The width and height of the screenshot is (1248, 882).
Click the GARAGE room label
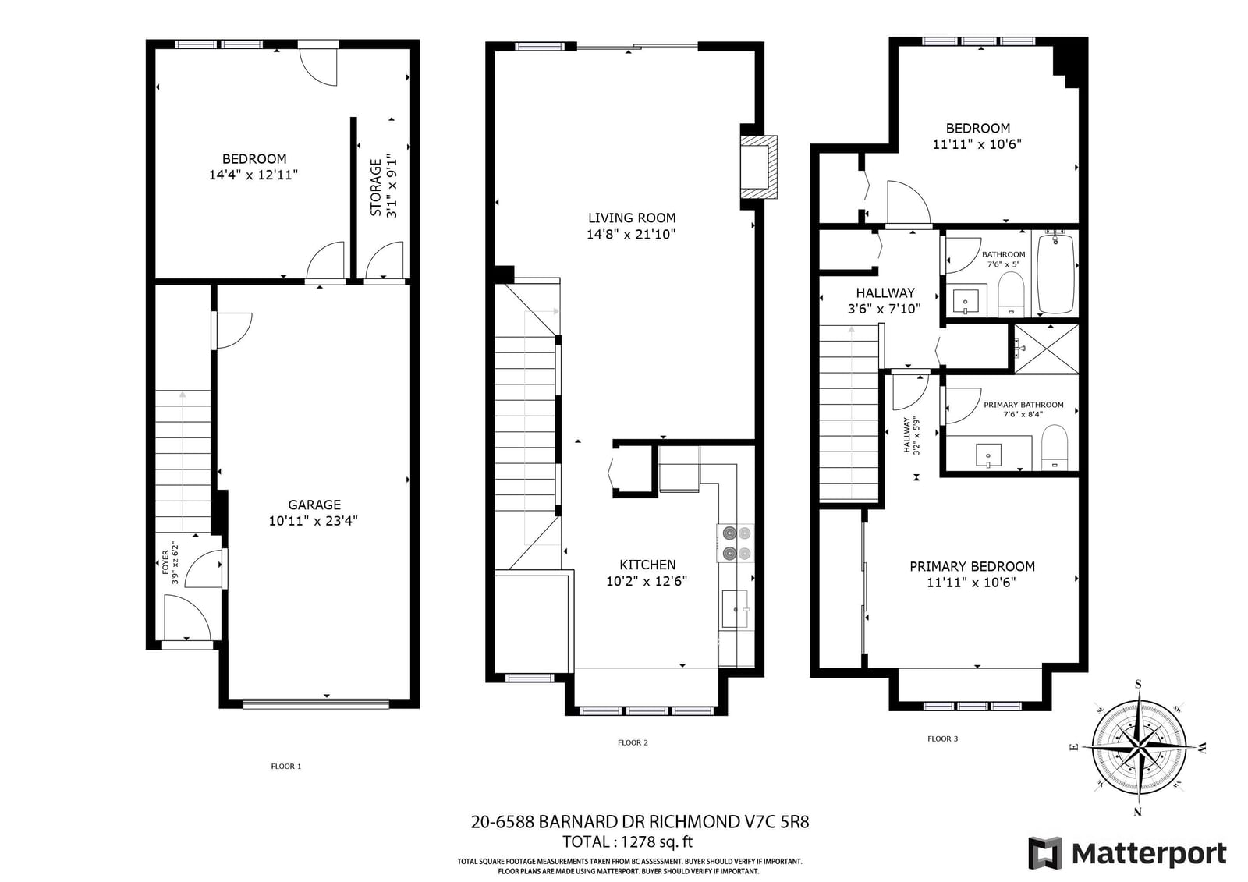pyautogui.click(x=314, y=505)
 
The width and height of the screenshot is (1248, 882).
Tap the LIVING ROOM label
pyautogui.click(x=632, y=218)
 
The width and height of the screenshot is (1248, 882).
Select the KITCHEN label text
pyautogui.click(x=647, y=565)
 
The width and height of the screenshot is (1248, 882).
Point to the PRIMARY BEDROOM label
pyautogui.click(x=972, y=566)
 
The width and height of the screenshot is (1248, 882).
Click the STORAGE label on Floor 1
pyautogui.click(x=376, y=188)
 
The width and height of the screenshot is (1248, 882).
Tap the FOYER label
pyautogui.click(x=165, y=562)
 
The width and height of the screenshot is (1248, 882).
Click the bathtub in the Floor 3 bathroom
pyautogui.click(x=1055, y=274)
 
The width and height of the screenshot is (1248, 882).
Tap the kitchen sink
pyautogui.click(x=735, y=609)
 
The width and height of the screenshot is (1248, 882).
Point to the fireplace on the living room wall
pyautogui.click(x=758, y=167)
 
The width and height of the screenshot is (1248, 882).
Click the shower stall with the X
pyautogui.click(x=1046, y=349)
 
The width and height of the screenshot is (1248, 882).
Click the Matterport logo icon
pyautogui.click(x=1044, y=852)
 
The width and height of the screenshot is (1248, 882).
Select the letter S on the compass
pyautogui.click(x=1138, y=684)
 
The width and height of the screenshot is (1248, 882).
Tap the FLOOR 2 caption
pyautogui.click(x=633, y=742)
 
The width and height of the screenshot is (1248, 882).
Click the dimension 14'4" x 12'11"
pyautogui.click(x=253, y=175)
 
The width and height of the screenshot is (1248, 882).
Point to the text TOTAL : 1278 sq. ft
pyautogui.click(x=628, y=841)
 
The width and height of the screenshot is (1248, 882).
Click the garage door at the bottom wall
pyautogui.click(x=316, y=703)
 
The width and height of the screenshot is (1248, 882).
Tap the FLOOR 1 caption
pyautogui.click(x=285, y=766)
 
